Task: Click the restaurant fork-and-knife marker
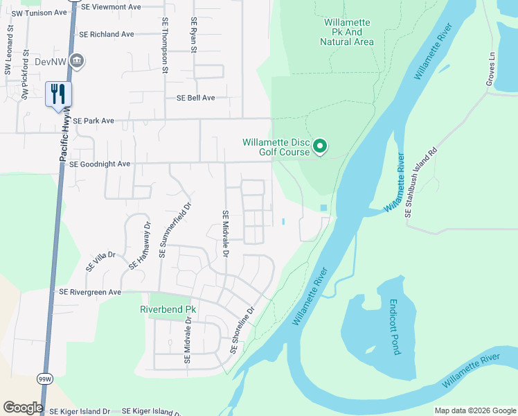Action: pos(58,94)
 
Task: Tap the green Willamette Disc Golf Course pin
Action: pos(320,146)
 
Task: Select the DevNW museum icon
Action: pos(77,61)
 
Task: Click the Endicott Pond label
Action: pos(393,327)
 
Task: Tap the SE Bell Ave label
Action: pos(195,98)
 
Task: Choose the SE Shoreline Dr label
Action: pos(243,330)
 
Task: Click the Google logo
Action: pos(23,408)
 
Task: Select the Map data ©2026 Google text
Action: pos(474,410)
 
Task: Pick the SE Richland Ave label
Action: pos(106,34)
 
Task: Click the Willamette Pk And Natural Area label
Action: pos(347,33)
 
